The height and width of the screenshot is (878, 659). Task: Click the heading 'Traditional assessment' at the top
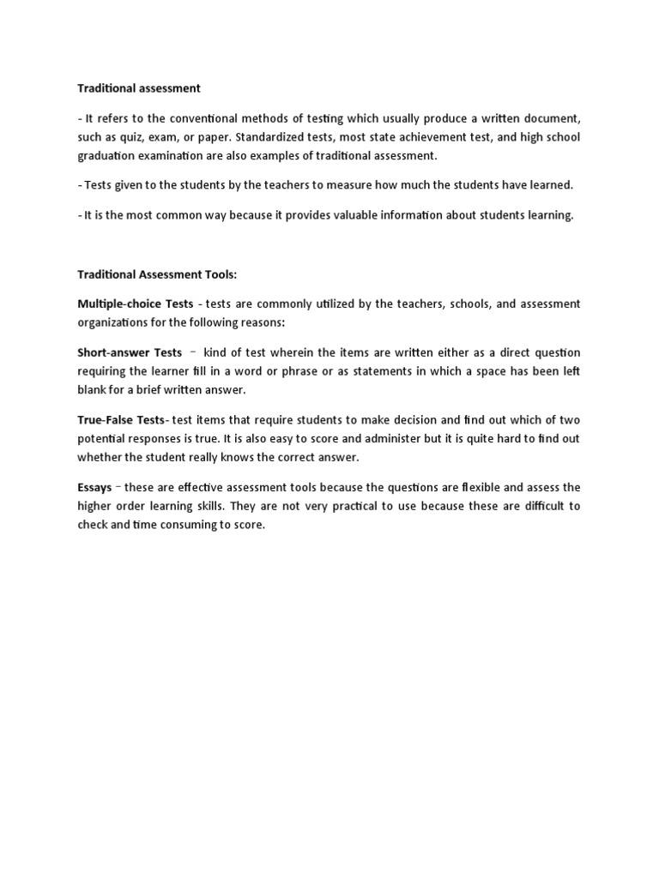point(139,87)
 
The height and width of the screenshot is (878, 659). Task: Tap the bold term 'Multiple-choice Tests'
point(135,304)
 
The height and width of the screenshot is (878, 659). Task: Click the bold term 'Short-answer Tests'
point(130,352)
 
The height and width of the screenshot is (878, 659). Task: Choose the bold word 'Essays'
point(94,487)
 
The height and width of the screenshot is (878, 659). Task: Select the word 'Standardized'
point(272,136)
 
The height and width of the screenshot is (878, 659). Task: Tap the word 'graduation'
point(107,155)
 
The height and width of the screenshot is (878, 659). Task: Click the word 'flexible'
point(475,487)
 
